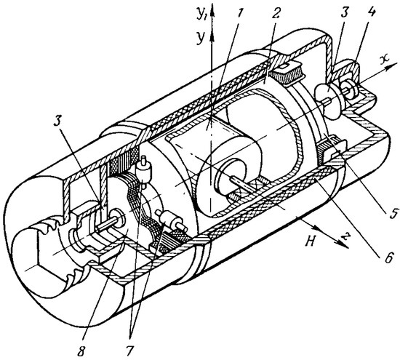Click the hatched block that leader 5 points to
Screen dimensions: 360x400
[330, 152]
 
